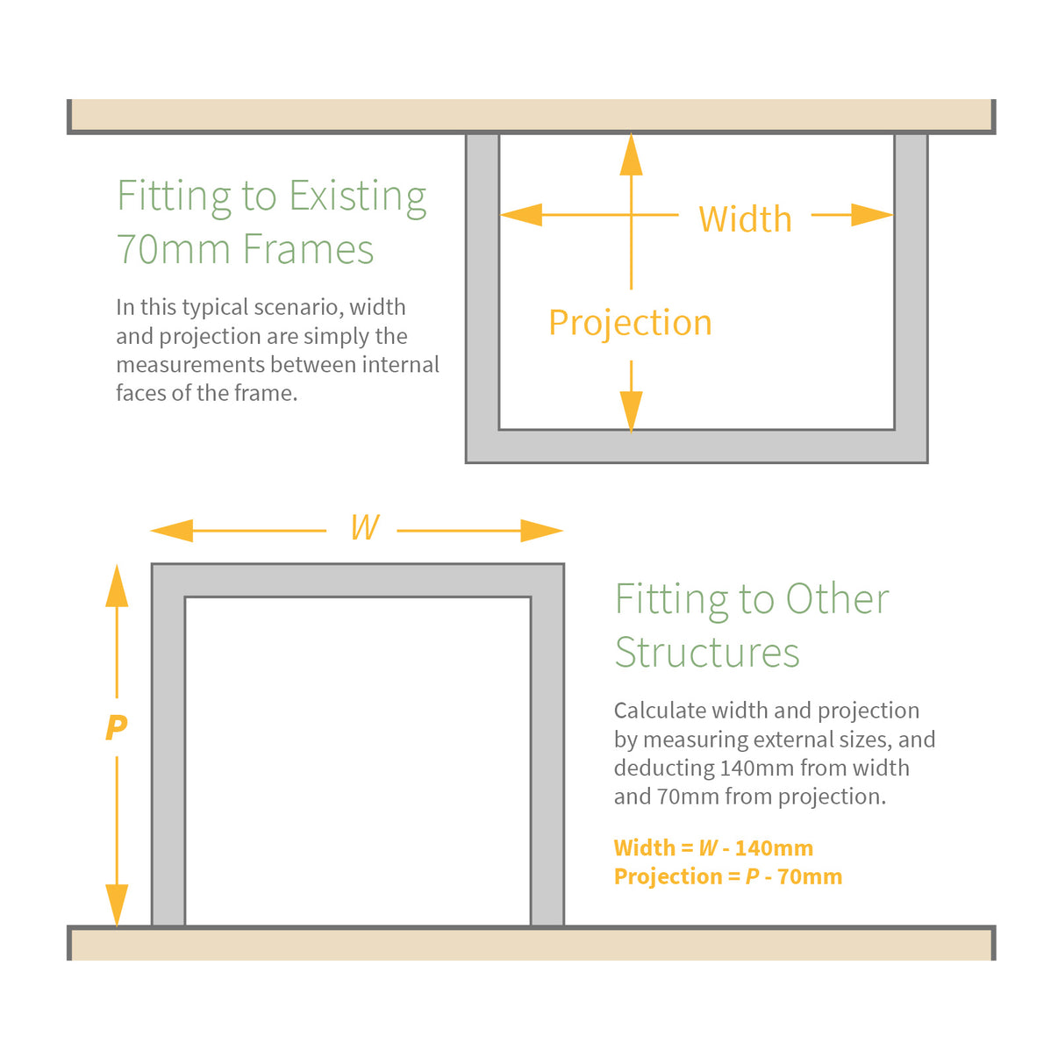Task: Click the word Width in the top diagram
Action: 745,219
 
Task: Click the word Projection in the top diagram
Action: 630,323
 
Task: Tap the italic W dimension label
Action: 364,527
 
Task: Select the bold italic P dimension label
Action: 116,727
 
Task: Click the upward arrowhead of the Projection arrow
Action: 631,154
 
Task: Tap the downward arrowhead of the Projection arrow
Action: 631,410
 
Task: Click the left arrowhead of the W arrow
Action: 172,530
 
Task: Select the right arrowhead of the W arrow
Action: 541,530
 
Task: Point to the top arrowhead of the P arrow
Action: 117,585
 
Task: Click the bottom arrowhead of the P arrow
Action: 117,904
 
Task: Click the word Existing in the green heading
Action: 358,197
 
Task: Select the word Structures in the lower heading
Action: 707,653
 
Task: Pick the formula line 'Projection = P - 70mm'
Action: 727,876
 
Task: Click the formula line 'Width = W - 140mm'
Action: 713,848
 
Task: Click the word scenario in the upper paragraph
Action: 291,307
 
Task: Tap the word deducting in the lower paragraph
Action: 664,768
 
